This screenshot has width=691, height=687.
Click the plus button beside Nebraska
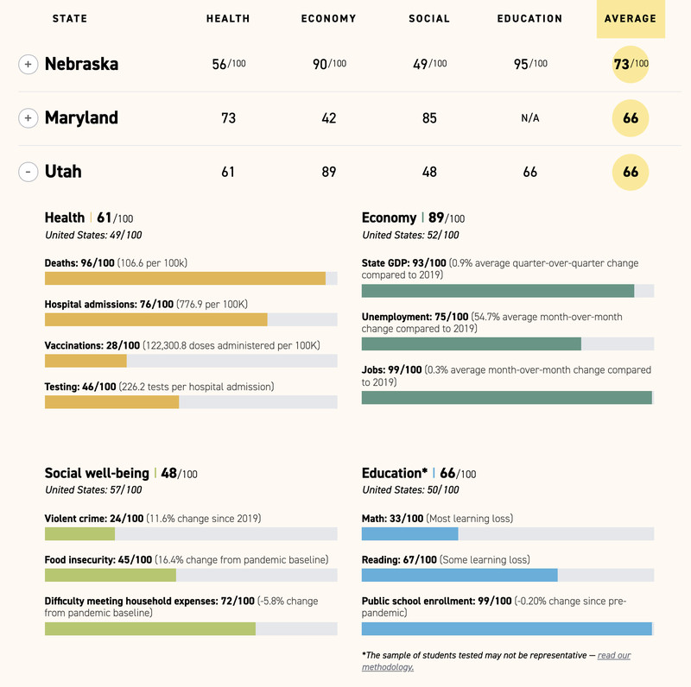click(x=29, y=64)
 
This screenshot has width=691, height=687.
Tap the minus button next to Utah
click(x=29, y=172)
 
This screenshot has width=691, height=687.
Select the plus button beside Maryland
click(x=29, y=118)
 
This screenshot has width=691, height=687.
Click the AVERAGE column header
click(x=631, y=19)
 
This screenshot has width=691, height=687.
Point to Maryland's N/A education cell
click(x=530, y=118)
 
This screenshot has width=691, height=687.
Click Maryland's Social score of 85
click(x=429, y=118)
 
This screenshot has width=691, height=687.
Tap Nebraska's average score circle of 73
click(x=631, y=64)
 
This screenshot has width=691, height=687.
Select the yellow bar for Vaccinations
click(x=86, y=361)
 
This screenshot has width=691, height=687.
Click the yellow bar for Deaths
click(x=185, y=278)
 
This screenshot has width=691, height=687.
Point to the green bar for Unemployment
click(x=471, y=343)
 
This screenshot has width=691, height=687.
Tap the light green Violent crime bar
click(x=79, y=533)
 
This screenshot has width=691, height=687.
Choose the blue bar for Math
click(x=409, y=533)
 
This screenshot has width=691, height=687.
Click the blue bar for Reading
click(x=460, y=575)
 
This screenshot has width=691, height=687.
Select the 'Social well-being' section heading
click(x=98, y=473)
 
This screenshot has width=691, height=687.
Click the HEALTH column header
click(x=228, y=19)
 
